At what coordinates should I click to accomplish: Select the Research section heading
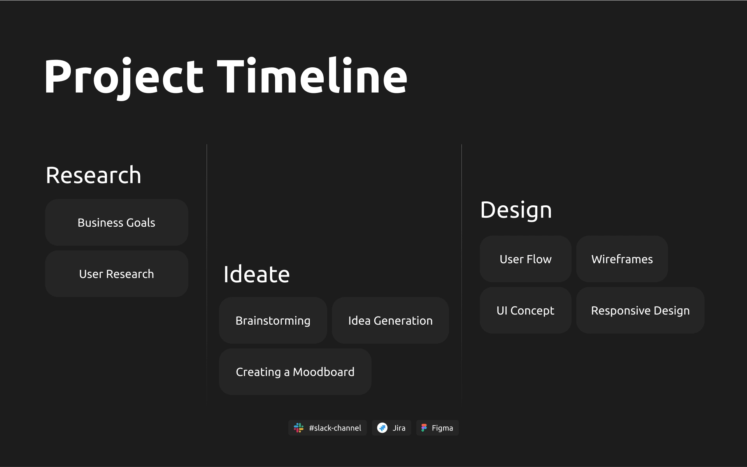click(x=93, y=175)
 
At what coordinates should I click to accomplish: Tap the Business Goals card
click(x=117, y=222)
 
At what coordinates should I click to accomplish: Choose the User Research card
click(x=117, y=274)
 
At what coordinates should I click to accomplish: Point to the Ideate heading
click(x=257, y=274)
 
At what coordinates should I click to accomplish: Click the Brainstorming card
click(x=273, y=320)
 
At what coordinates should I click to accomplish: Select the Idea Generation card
click(x=390, y=320)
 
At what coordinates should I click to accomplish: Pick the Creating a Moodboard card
click(x=295, y=372)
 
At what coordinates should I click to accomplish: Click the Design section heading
click(x=516, y=210)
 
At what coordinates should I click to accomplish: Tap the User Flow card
click(x=526, y=259)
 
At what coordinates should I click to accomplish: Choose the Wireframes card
click(x=622, y=259)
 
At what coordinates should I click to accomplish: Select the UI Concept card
click(x=526, y=310)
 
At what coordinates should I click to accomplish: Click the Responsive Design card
click(x=640, y=310)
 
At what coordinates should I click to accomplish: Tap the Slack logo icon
click(x=299, y=428)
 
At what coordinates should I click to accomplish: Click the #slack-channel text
click(x=335, y=428)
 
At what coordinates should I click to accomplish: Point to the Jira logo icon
click(x=382, y=428)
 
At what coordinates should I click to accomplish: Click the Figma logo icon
click(x=424, y=428)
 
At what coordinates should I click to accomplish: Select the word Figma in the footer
click(x=442, y=428)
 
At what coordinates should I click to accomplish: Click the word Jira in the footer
click(x=399, y=428)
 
